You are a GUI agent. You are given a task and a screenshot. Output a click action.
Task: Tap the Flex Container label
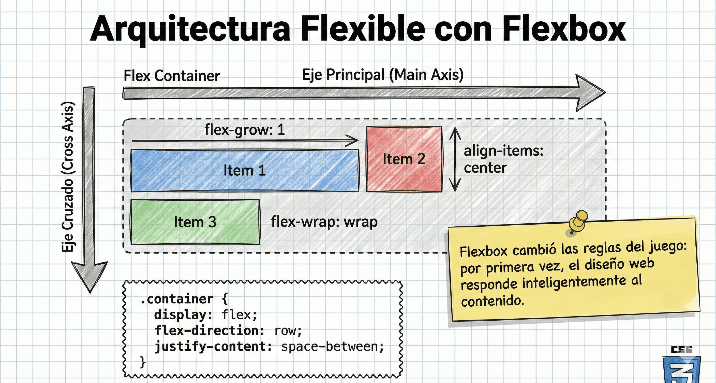pyautogui.click(x=171, y=76)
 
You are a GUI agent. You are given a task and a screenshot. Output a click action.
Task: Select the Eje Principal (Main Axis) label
pyautogui.click(x=383, y=75)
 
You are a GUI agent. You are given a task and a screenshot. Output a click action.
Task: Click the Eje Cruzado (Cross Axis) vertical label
pyautogui.click(x=68, y=177)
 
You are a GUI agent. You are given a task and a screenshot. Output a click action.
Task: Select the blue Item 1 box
pyautogui.click(x=245, y=171)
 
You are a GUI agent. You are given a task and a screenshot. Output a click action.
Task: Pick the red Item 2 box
pyautogui.click(x=404, y=159)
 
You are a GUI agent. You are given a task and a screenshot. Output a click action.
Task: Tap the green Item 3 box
pyautogui.click(x=195, y=222)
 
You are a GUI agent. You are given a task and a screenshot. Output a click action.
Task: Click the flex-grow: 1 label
pyautogui.click(x=245, y=130)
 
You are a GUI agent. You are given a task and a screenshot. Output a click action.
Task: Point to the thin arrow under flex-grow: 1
pyautogui.click(x=245, y=141)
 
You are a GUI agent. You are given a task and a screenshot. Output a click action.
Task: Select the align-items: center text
pyautogui.click(x=503, y=159)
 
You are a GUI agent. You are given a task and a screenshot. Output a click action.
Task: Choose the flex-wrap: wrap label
pyautogui.click(x=324, y=222)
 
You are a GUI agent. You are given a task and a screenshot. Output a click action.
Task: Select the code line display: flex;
pyautogui.click(x=206, y=315)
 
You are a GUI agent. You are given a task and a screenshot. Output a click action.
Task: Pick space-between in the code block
pyautogui.click(x=332, y=347)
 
